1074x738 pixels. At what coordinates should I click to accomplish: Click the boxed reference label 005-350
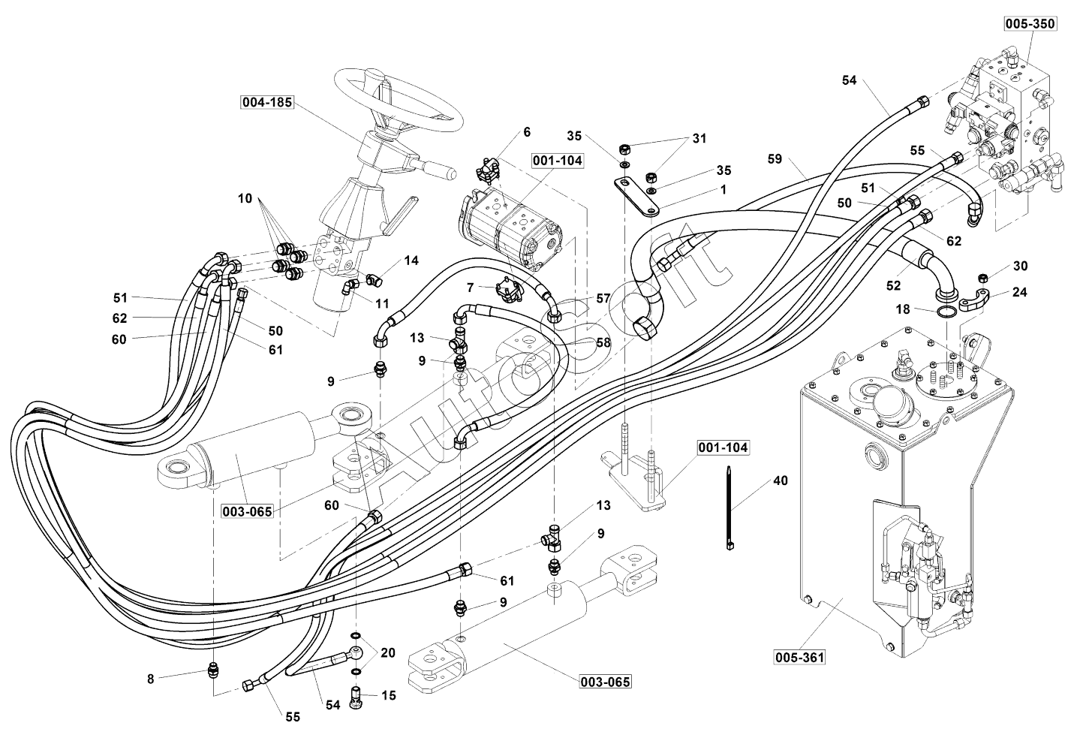pos(1030,23)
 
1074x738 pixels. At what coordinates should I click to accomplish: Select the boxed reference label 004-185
pos(267,102)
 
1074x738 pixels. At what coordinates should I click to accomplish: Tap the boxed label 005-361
pos(800,657)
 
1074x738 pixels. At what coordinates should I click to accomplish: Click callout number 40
pos(781,480)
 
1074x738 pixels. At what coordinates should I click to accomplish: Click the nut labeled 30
pos(982,278)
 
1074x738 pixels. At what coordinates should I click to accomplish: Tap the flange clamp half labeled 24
pos(971,301)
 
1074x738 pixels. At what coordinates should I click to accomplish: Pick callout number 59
pos(775,158)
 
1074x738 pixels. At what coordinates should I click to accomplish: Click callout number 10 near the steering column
pos(245,198)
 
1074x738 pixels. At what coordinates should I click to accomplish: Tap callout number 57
pos(603,298)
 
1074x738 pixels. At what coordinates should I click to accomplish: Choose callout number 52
pos(893,285)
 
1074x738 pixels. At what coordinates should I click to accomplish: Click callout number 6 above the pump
pos(527,132)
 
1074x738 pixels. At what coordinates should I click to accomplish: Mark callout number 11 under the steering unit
pos(383,303)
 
